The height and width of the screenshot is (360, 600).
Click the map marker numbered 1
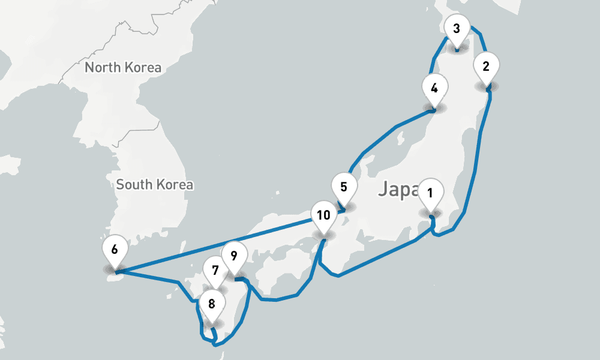coord(430,194)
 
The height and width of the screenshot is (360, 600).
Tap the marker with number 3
coord(457,29)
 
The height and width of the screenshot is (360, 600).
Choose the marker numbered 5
coord(343,187)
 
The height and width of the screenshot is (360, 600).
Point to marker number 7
coord(215,268)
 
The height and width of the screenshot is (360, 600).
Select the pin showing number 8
coord(211,304)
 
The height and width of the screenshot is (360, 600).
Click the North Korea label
coord(123,67)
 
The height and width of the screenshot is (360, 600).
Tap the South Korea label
coord(155,184)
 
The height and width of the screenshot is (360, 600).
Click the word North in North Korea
coord(103,67)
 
